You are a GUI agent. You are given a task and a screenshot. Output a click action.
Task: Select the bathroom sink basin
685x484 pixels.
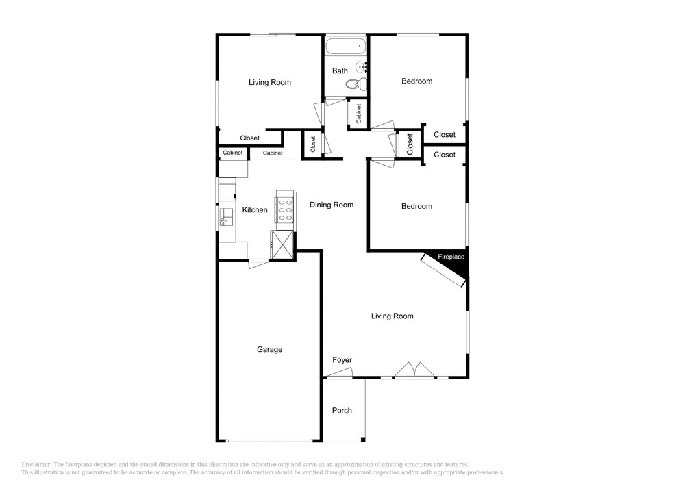coord(361,67)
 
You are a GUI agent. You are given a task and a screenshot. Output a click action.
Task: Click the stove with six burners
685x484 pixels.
coord(284,210)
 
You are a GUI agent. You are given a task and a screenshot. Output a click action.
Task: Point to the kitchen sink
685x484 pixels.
coord(227,216)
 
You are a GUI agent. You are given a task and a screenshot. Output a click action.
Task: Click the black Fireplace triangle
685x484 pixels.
coord(451,263)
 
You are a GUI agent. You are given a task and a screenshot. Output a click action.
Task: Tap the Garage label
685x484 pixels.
coord(269,349)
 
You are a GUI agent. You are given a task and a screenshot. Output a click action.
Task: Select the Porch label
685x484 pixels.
coord(342,410)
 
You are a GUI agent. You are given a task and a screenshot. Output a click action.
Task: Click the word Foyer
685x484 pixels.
coord(342,360)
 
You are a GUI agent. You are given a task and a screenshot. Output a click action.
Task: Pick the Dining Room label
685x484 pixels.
coord(332,205)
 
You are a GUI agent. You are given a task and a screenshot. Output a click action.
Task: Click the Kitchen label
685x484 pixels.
coord(255,210)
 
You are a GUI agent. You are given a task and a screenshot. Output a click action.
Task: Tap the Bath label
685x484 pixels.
coord(340,71)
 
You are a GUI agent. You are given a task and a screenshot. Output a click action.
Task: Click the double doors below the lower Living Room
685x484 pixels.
coord(414,370)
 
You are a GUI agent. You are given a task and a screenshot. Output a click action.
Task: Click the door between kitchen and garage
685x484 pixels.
coord(258,264)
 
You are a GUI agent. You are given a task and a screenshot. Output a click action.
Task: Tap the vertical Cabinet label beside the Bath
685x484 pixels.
coord(359,114)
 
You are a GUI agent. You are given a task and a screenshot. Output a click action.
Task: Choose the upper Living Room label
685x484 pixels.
coord(269,82)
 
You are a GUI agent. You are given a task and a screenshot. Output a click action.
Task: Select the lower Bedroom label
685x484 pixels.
coord(416,206)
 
